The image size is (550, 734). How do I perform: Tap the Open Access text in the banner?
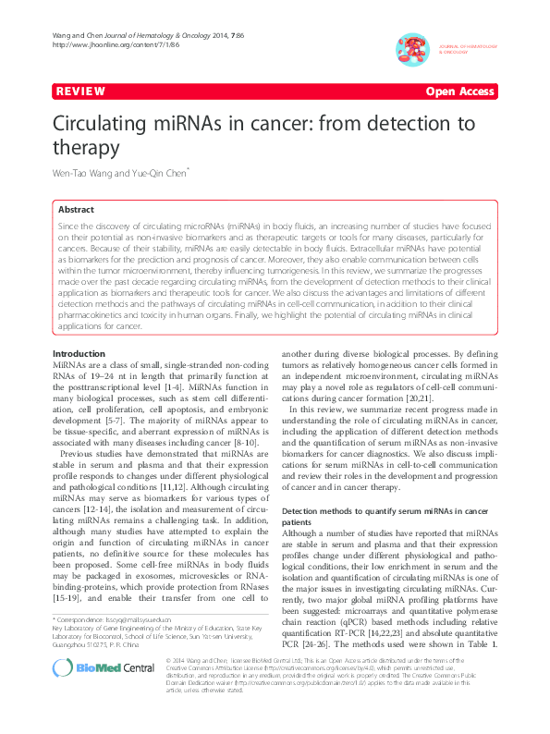click(x=460, y=92)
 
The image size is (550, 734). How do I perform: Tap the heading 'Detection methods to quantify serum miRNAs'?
click(x=384, y=510)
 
